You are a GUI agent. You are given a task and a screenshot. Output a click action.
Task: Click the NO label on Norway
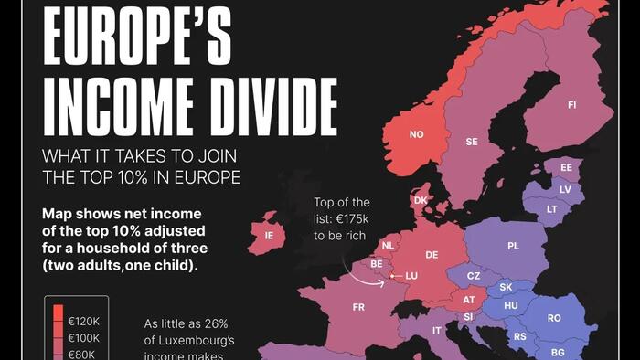coord(417,134)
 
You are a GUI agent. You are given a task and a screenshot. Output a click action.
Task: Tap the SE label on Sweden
coord(472,143)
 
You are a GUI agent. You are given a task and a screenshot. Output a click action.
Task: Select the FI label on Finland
coord(572,105)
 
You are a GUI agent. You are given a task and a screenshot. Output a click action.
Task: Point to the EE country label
coord(566,168)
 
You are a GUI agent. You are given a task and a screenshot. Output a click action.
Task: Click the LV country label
coord(565,189)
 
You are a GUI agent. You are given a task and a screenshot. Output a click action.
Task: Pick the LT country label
coord(552,209)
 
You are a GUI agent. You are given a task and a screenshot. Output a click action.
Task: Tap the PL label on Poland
coord(513,246)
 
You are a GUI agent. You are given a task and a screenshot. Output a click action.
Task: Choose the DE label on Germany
coord(432,255)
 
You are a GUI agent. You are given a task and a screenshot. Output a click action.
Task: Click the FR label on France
coord(357,308)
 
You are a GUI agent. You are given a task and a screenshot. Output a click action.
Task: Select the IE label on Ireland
coord(269,235)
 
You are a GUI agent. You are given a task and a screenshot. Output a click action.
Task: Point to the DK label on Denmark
coord(421,200)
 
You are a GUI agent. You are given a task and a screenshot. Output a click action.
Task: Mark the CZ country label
coord(474,276)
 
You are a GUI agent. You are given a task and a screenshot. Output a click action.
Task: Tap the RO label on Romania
coord(554,318)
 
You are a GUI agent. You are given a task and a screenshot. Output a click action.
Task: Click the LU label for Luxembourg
coord(411,275)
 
